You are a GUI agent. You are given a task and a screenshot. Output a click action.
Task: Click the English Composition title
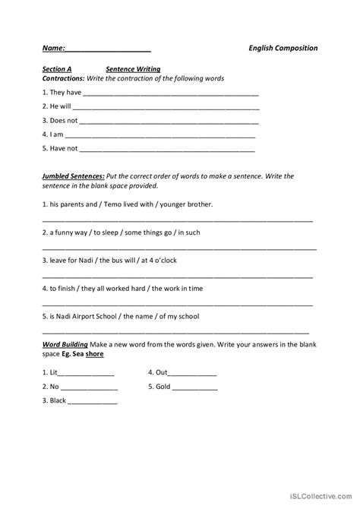coord(283,48)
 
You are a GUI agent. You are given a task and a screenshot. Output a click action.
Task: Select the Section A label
coord(57,68)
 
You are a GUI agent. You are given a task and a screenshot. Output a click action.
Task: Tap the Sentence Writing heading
coord(133,68)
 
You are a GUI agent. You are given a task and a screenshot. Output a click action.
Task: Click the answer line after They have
coord(171,95)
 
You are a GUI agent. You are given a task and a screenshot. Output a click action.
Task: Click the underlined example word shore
coord(95,354)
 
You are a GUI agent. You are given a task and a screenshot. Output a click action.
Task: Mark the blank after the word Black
coord(93,402)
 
